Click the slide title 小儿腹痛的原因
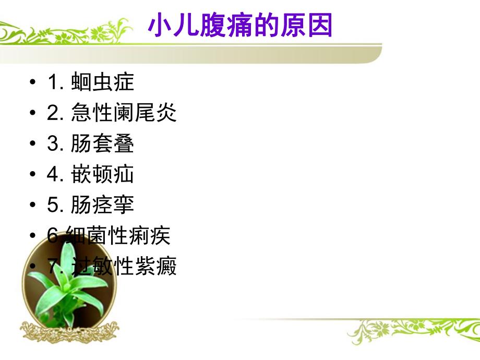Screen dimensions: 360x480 (x=241, y=26)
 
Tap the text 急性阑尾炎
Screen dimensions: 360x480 (x=124, y=113)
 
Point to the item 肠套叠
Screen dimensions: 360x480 (x=102, y=144)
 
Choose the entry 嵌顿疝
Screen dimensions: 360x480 (x=102, y=175)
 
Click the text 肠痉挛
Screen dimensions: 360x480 (x=102, y=205)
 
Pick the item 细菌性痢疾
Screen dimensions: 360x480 (x=118, y=236)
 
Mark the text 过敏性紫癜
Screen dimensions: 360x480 (x=124, y=267)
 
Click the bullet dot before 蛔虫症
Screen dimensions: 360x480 (x=33, y=83)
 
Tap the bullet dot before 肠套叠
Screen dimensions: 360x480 (x=33, y=145)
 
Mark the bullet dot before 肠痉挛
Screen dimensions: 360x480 (x=33, y=206)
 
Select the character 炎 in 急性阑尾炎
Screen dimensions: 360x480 (x=166, y=113)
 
